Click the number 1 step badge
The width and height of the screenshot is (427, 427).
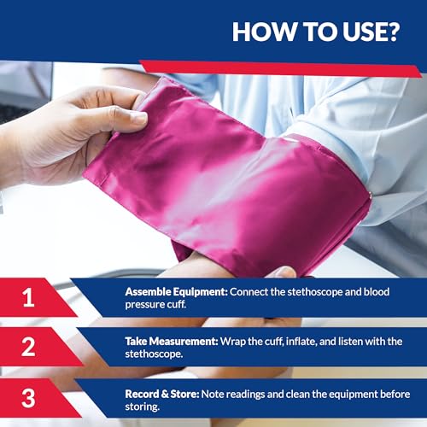(x=29, y=297)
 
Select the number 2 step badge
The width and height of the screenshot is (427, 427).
(x=29, y=347)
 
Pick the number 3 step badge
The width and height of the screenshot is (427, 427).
(x=29, y=396)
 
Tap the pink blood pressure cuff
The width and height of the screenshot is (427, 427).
(x=231, y=179)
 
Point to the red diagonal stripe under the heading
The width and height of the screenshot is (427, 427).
(x=282, y=67)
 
